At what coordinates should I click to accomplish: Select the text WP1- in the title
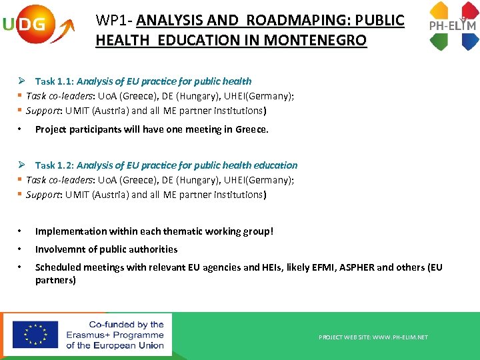pyautogui.click(x=114, y=21)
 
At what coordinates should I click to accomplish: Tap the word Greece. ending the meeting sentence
pyautogui.click(x=252, y=129)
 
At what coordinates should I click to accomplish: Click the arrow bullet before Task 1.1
pyautogui.click(x=21, y=81)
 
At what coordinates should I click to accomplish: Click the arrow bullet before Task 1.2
pyautogui.click(x=21, y=165)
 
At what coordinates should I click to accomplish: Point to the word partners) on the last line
pyautogui.click(x=55, y=280)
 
